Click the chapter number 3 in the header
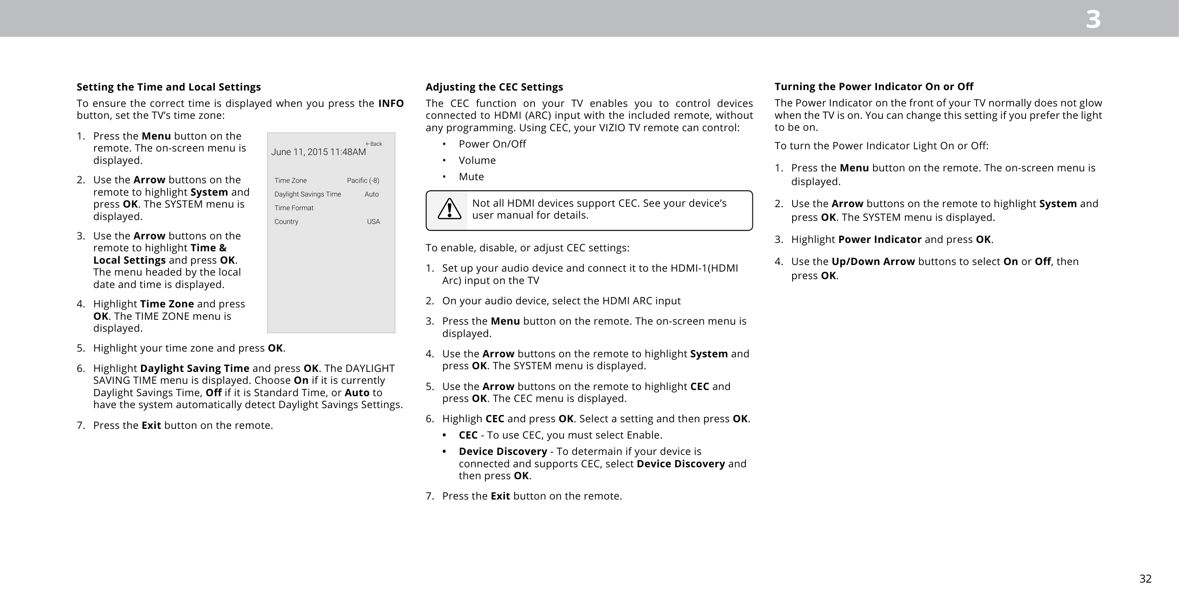click(1093, 20)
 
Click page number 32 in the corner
click(1145, 579)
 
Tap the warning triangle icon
click(449, 209)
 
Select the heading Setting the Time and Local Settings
click(168, 87)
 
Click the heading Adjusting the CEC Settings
click(494, 87)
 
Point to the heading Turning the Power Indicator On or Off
click(874, 87)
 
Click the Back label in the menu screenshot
click(374, 144)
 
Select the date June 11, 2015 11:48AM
click(319, 152)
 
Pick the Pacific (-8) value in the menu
click(363, 180)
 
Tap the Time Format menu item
click(294, 208)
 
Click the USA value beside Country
click(373, 221)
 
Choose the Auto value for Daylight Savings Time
click(372, 194)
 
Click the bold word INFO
click(391, 103)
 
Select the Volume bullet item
click(477, 160)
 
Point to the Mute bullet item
click(471, 177)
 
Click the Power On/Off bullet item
click(492, 144)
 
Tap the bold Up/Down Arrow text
click(873, 261)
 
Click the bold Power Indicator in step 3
click(880, 239)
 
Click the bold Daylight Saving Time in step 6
click(195, 368)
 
